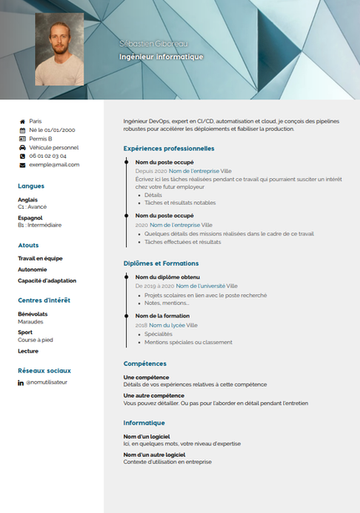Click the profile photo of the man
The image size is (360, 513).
pos(59,48)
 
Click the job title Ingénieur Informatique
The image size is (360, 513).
pos(161,57)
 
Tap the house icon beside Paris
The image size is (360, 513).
pos(22,121)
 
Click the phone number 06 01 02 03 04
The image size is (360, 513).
pos(48,155)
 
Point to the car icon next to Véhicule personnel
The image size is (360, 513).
pos(22,147)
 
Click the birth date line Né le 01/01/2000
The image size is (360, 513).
pos(52,130)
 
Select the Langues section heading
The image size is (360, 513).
pos(31,185)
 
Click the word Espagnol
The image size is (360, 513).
pos(30,218)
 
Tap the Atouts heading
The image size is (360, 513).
pos(28,246)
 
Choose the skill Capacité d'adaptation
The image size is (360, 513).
pos(48,281)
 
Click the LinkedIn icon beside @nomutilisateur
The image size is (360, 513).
pos(21,383)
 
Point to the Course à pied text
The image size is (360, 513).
pos(35,339)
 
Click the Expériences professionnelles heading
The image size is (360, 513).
pos(169,148)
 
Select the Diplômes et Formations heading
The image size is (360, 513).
pos(161,263)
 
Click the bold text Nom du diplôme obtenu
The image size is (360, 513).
pos(167,277)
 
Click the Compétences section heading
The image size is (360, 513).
pos(145,363)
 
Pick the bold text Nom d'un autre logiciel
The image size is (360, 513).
pos(155,455)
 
